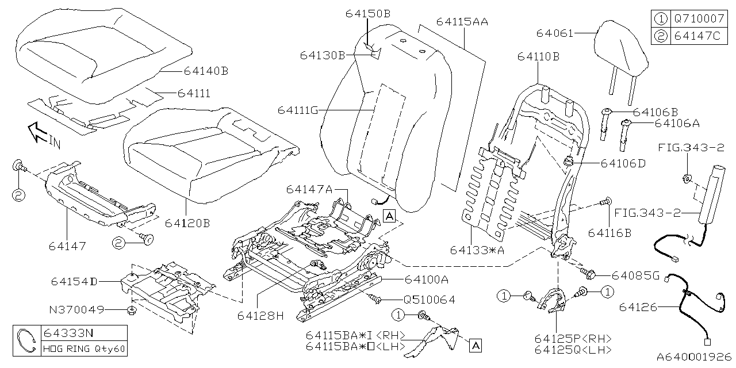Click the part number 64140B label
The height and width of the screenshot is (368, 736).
tap(206, 71)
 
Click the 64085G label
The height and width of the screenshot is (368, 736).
tap(635, 275)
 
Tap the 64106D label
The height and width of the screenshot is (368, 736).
tap(623, 163)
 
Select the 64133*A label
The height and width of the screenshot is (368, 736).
tap(478, 250)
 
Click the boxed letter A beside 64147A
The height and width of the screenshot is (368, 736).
tap(389, 216)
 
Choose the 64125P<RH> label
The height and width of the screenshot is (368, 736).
tap(572, 338)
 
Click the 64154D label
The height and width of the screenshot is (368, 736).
tap(74, 281)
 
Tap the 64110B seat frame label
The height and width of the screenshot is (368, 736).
tap(538, 56)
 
